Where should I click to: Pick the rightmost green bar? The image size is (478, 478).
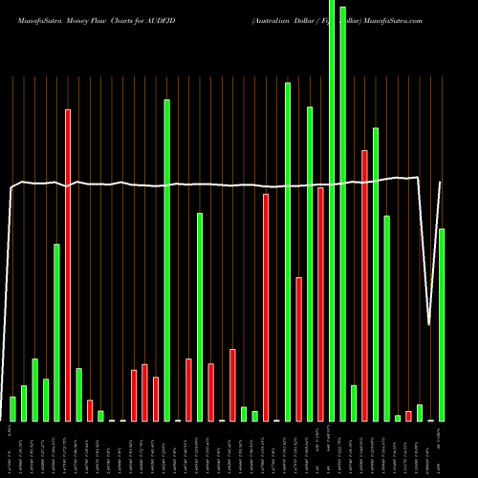442,325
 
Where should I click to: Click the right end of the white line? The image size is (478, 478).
441,183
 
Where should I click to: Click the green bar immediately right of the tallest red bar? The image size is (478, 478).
78,394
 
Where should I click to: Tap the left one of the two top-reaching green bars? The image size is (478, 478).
332,210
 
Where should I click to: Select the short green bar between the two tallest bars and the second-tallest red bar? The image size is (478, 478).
354,402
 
